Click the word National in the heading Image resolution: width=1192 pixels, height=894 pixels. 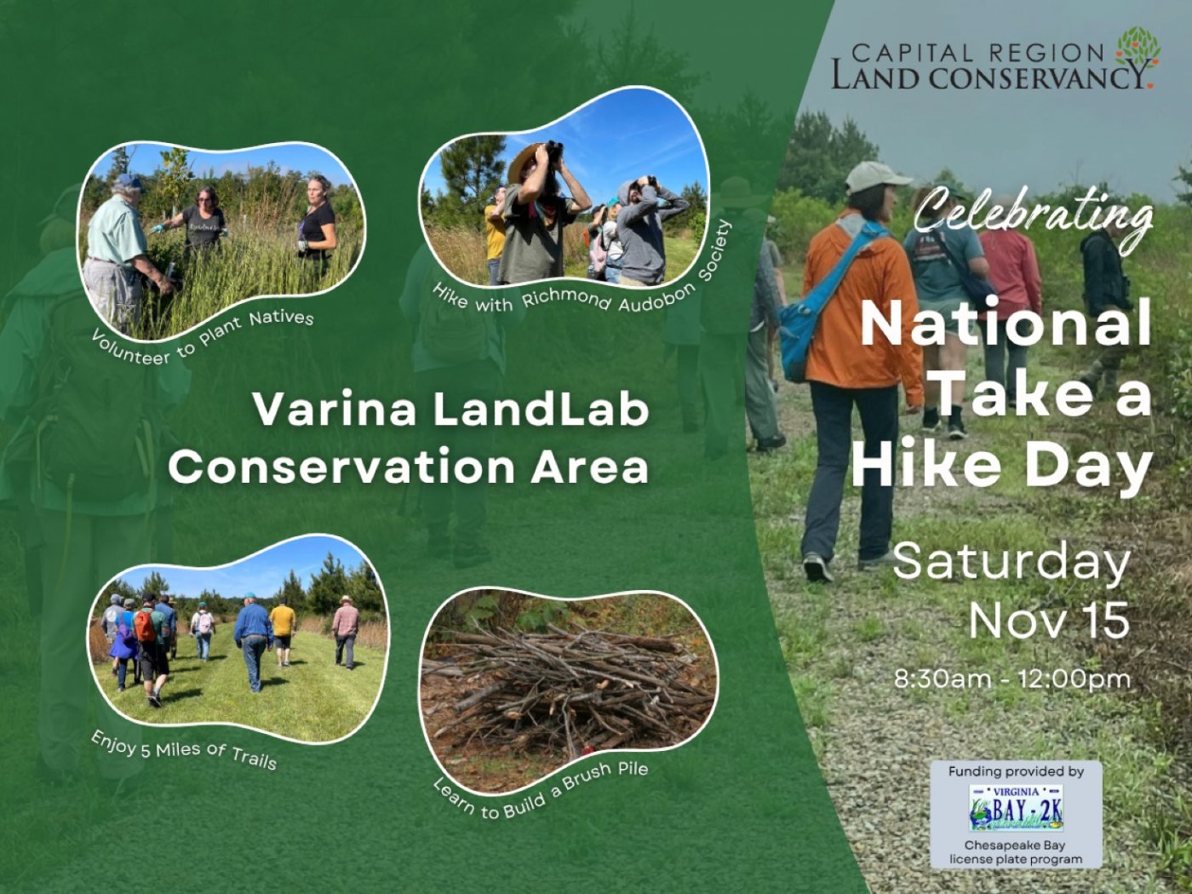click(1006, 324)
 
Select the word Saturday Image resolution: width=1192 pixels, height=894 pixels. click(1011, 563)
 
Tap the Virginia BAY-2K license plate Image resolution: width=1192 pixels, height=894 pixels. click(1016, 807)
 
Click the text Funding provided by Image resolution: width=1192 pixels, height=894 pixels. click(1016, 771)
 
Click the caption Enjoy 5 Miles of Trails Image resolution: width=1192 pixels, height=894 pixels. click(184, 750)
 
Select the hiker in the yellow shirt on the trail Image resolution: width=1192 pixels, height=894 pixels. click(283, 630)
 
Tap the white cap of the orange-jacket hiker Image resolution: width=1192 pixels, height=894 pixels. click(874, 175)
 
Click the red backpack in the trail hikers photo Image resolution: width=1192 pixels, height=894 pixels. click(146, 626)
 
